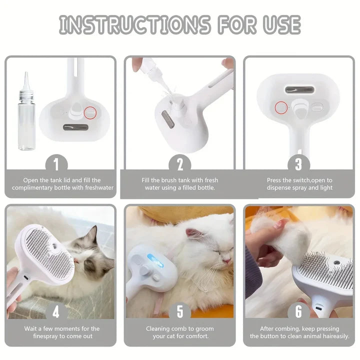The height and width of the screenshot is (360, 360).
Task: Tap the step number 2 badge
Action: click(180, 164)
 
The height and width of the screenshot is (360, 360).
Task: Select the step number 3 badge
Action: click(299, 164)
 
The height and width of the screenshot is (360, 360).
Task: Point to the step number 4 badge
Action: click(56, 311)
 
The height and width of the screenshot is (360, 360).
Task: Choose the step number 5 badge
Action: click(180, 311)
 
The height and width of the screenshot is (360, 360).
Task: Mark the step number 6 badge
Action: click(299, 311)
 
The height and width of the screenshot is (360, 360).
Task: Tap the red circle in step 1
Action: click(91, 113)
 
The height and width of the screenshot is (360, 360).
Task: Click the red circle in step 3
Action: click(281, 107)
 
